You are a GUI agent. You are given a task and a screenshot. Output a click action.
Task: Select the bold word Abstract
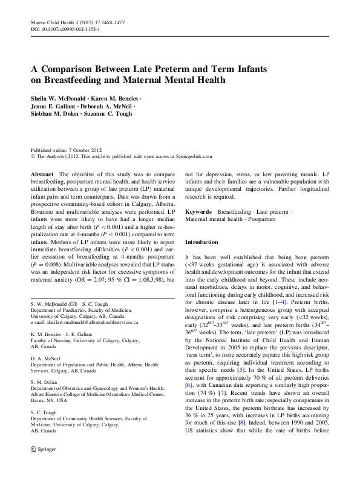pyautogui.click(x=42, y=173)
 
